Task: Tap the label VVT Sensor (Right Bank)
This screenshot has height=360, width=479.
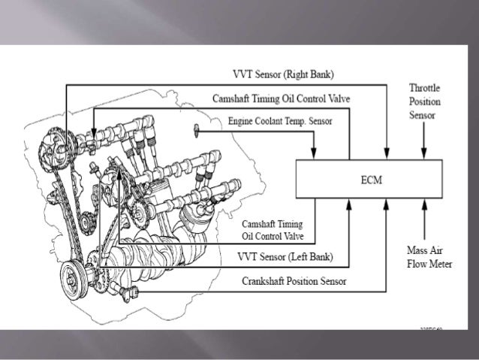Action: tap(285, 75)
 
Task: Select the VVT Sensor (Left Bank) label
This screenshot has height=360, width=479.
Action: tap(285, 256)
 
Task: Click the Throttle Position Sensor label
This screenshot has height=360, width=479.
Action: tap(424, 101)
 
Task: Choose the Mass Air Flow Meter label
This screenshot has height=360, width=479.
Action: tap(425, 256)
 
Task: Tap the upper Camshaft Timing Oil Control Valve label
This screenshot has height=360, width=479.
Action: tap(281, 98)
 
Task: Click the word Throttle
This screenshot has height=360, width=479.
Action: tap(424, 88)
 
